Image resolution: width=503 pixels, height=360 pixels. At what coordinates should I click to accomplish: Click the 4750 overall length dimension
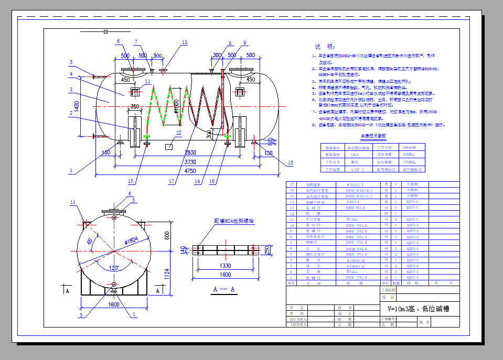[x=190, y=171]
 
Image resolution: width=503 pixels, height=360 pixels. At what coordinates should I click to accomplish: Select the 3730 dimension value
[x=190, y=162]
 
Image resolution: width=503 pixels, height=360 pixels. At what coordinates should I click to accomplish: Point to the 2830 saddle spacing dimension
[x=190, y=153]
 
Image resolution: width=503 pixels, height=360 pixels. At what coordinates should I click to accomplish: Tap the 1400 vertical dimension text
[x=77, y=107]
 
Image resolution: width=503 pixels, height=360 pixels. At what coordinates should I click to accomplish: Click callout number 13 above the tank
[x=184, y=42]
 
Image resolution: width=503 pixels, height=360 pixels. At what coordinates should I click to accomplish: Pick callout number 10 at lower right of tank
[x=290, y=163]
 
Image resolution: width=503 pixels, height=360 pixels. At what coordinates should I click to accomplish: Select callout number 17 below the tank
[x=171, y=182]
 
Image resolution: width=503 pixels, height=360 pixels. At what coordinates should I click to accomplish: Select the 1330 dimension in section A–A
[x=225, y=266]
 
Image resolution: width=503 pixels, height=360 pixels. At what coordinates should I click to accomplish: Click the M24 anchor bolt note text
[x=233, y=221]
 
